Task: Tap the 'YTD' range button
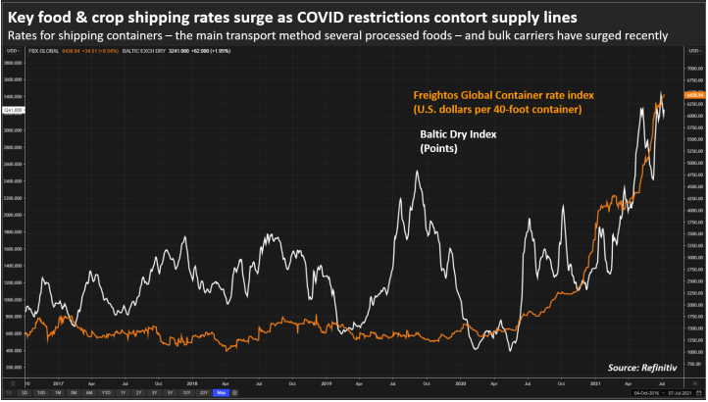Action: click(x=105, y=393)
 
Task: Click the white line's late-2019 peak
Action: click(x=419, y=172)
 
